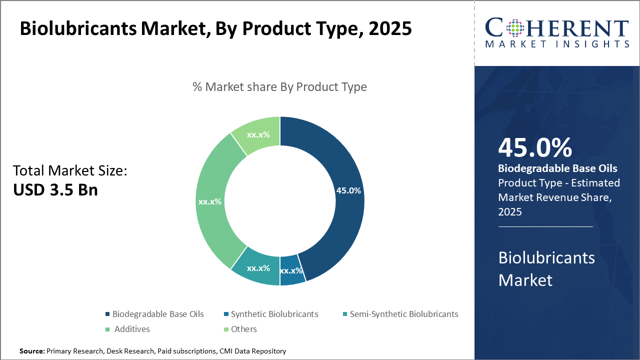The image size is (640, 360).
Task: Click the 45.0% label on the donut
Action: pyautogui.click(x=348, y=190)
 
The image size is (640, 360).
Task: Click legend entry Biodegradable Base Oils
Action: pyautogui.click(x=157, y=314)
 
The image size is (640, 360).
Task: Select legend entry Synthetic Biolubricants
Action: pyautogui.click(x=274, y=314)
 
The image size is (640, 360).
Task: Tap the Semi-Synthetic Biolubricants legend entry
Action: pyautogui.click(x=403, y=314)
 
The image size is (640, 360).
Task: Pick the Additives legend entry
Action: pyautogui.click(x=131, y=329)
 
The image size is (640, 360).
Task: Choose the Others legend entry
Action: pyautogui.click(x=243, y=329)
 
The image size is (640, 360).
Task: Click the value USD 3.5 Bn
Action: pyautogui.click(x=55, y=190)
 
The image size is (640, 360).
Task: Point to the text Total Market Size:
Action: pyautogui.click(x=70, y=170)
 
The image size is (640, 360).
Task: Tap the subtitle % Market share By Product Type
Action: pyautogui.click(x=279, y=86)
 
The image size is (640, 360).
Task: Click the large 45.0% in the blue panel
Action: pyautogui.click(x=534, y=147)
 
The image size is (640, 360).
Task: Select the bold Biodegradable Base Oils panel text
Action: pyautogui.click(x=557, y=168)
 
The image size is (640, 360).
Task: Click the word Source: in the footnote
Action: pyautogui.click(x=32, y=351)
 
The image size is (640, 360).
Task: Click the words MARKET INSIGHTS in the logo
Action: pyautogui.click(x=556, y=44)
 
